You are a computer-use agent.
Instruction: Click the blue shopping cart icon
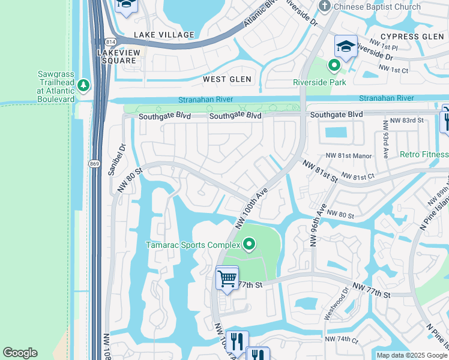click(227, 278)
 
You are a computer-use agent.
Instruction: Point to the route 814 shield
click(110, 42)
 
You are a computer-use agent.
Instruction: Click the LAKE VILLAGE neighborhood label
click(164, 35)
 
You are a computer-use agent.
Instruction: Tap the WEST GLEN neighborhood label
click(223, 79)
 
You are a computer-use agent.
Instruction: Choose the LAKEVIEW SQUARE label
click(118, 56)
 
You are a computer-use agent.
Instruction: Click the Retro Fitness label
click(424, 154)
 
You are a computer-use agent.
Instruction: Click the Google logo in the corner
click(20, 353)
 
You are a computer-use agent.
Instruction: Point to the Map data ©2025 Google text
click(412, 355)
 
